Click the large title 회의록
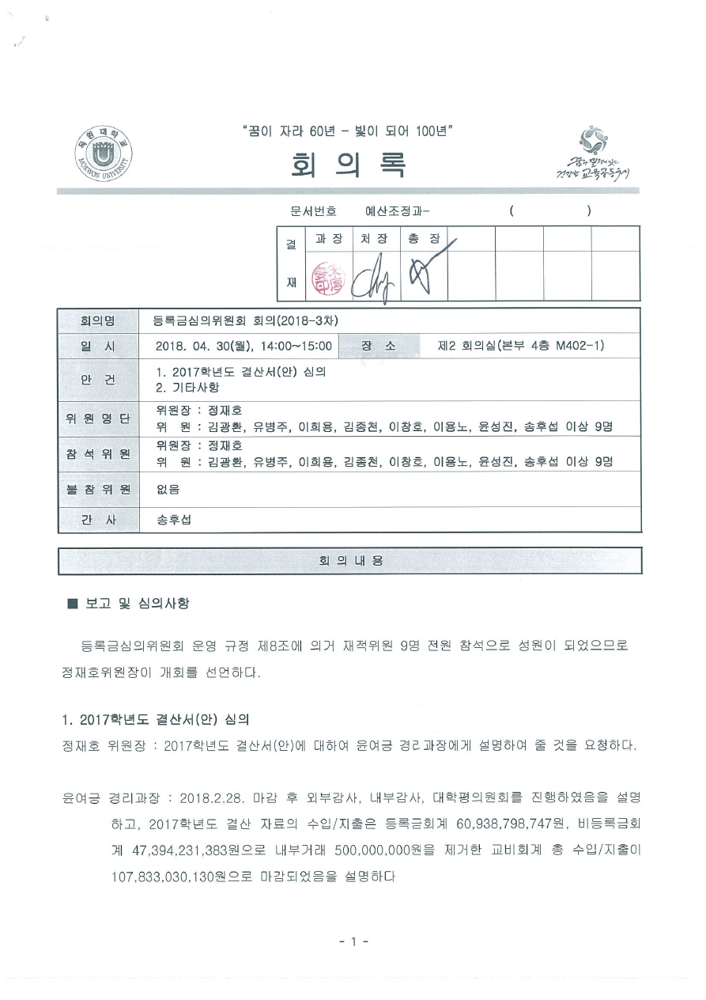(349, 164)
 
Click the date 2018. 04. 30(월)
(203, 346)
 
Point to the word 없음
(168, 490)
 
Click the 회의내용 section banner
(349, 560)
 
